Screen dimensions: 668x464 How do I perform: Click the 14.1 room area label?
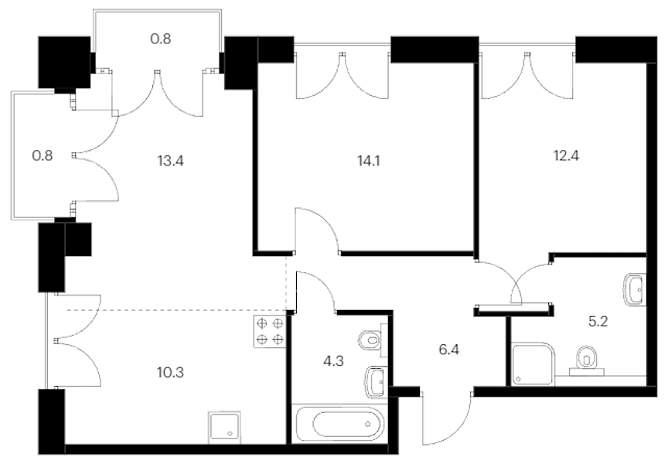pyautogui.click(x=369, y=161)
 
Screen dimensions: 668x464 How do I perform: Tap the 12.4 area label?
pyautogui.click(x=566, y=155)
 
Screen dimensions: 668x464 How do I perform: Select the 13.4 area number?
pyautogui.click(x=170, y=161)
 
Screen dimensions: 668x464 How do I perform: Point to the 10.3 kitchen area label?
pyautogui.click(x=170, y=373)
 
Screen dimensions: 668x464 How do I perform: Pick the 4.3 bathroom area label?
pyautogui.click(x=333, y=361)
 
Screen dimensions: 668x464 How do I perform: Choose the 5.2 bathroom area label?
pyautogui.click(x=598, y=322)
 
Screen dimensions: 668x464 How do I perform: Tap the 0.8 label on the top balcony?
pyautogui.click(x=161, y=39)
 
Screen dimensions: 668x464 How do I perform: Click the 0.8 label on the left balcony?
pyautogui.click(x=43, y=155)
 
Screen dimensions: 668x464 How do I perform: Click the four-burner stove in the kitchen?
pyautogui.click(x=270, y=332)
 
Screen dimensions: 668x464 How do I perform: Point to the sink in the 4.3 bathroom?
pyautogui.click(x=377, y=382)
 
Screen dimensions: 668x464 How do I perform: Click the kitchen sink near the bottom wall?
pyautogui.click(x=224, y=428)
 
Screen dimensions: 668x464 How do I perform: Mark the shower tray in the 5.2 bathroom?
pyautogui.click(x=533, y=364)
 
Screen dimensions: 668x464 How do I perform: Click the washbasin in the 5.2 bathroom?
pyautogui.click(x=636, y=290)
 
